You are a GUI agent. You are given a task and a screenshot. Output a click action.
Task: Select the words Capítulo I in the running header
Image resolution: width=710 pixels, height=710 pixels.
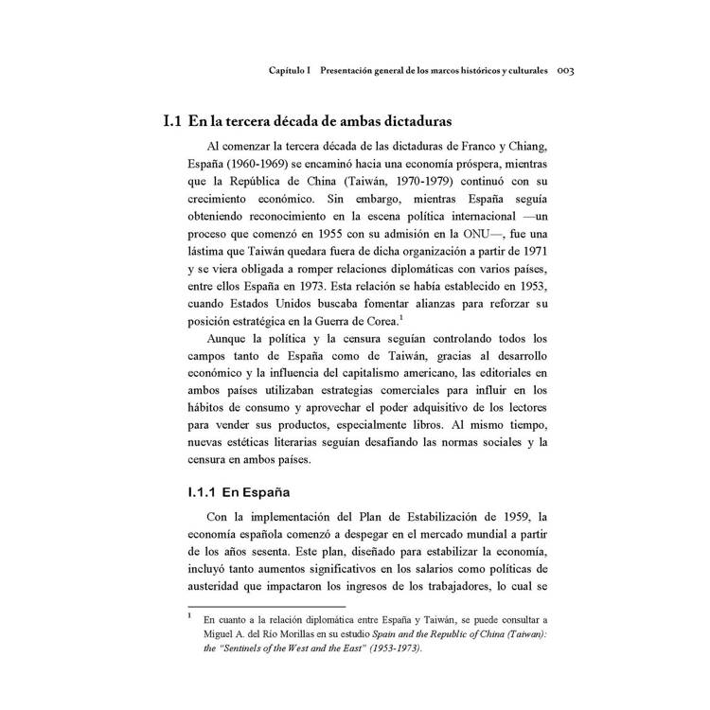295,71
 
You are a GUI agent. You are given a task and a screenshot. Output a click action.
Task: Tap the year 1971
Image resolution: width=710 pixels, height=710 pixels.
532,254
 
